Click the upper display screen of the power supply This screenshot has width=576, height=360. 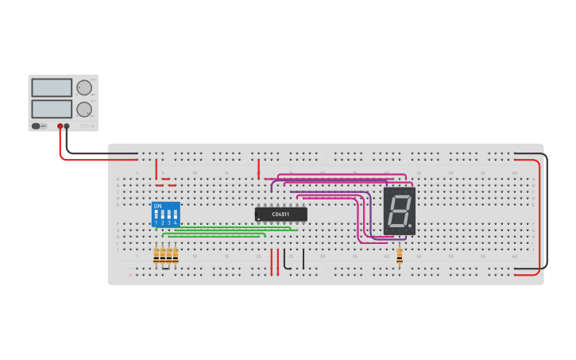pos(52,87)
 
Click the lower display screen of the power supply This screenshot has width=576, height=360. pos(52,108)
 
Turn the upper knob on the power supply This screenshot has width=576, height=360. pos(84,88)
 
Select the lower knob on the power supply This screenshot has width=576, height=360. pos(84,109)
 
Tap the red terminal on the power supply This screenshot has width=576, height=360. pos(60,126)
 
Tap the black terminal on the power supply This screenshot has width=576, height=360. pos(67,126)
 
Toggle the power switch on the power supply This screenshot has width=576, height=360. pos(37,126)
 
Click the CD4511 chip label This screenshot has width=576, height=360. pos(280,214)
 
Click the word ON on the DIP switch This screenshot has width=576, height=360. pos(157,207)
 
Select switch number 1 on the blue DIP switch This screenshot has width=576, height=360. pos(157,216)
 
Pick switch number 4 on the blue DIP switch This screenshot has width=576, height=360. pos(175,216)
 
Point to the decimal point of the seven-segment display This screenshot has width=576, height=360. pos(410,226)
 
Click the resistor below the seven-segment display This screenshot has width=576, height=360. pos(399,254)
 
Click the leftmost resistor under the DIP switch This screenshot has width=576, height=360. pos(157,255)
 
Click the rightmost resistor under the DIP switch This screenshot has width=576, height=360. pos(175,255)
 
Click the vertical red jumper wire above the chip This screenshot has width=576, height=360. pos(258,168)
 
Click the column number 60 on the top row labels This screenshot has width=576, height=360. pos(514,172)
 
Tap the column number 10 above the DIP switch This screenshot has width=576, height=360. pos(194,172)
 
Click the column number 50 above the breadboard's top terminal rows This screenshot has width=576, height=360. pos(450,172)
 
